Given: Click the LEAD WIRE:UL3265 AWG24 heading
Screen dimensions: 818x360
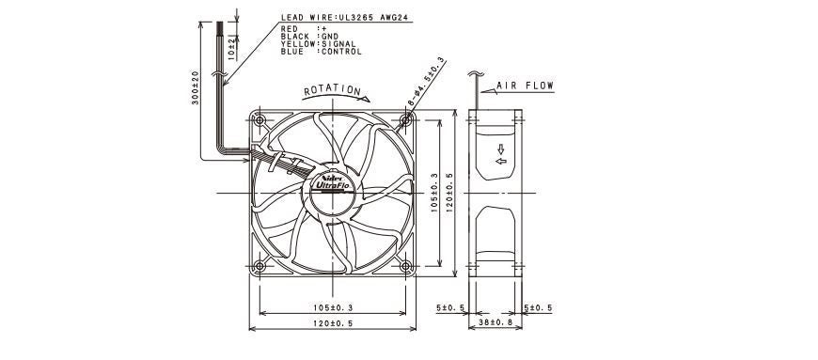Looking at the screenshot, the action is pyautogui.click(x=346, y=18).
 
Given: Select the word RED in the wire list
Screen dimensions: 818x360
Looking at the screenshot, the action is pyautogui.click(x=289, y=29).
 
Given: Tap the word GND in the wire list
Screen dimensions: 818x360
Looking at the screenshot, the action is pyautogui.click(x=330, y=37).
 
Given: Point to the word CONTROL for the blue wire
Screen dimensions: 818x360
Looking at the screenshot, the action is pyautogui.click(x=341, y=52).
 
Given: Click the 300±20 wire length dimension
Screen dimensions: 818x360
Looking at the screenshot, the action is pyautogui.click(x=196, y=87).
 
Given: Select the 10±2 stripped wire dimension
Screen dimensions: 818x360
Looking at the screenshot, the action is pyautogui.click(x=231, y=49).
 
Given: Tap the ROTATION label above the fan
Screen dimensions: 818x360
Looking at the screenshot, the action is pyautogui.click(x=332, y=90).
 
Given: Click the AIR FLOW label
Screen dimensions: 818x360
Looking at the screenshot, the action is pyautogui.click(x=525, y=86).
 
